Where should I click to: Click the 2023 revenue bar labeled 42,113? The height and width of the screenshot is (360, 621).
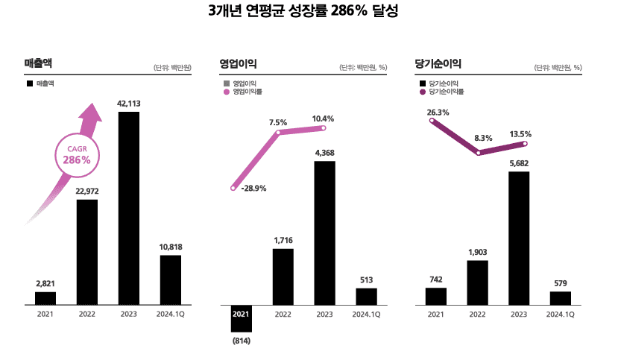tap(129, 208)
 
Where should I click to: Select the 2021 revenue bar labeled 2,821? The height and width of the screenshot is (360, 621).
tap(45, 298)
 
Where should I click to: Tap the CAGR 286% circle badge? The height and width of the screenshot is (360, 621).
tap(77, 155)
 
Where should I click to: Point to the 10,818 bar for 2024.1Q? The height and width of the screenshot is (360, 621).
tap(171, 280)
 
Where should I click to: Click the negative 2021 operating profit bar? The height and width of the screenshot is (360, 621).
tap(241, 318)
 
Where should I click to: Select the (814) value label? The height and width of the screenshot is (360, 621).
tap(241, 341)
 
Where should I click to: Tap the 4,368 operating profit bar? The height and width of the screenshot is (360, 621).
tap(324, 233)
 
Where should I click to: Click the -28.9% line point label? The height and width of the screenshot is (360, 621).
tap(253, 189)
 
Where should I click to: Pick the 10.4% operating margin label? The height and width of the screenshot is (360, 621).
tap(323, 119)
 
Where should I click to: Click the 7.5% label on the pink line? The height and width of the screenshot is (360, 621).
tap(278, 122)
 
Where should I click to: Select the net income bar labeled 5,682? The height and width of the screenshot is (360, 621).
tap(519, 238)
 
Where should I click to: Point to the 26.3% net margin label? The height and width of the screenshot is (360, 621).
tap(438, 113)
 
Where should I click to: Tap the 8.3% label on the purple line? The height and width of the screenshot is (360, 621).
tap(483, 138)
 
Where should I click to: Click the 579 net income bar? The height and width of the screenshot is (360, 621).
tap(561, 298)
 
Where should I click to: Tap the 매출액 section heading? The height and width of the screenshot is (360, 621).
tap(38, 64)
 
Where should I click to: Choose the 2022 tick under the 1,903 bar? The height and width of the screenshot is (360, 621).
tap(477, 315)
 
